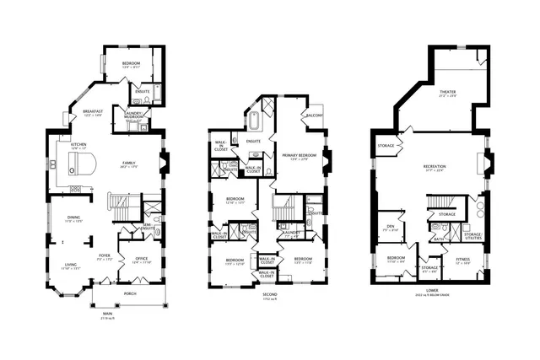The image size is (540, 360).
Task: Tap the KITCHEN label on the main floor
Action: pyautogui.click(x=78, y=145)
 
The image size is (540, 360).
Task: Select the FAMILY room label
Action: pyautogui.click(x=129, y=163)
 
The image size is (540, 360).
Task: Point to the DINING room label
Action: pyautogui.click(x=74, y=218)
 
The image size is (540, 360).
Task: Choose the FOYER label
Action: pyautogui.click(x=105, y=255)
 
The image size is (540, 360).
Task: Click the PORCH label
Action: pyautogui.click(x=130, y=293)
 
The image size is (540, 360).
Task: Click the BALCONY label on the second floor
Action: pyautogui.click(x=316, y=115)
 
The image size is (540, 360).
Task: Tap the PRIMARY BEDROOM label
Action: pyautogui.click(x=297, y=156)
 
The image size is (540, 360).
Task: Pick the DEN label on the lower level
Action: pyautogui.click(x=391, y=226)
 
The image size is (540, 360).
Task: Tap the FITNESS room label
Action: pyautogui.click(x=463, y=259)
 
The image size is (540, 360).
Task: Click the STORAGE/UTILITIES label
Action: pyautogui.click(x=472, y=235)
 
